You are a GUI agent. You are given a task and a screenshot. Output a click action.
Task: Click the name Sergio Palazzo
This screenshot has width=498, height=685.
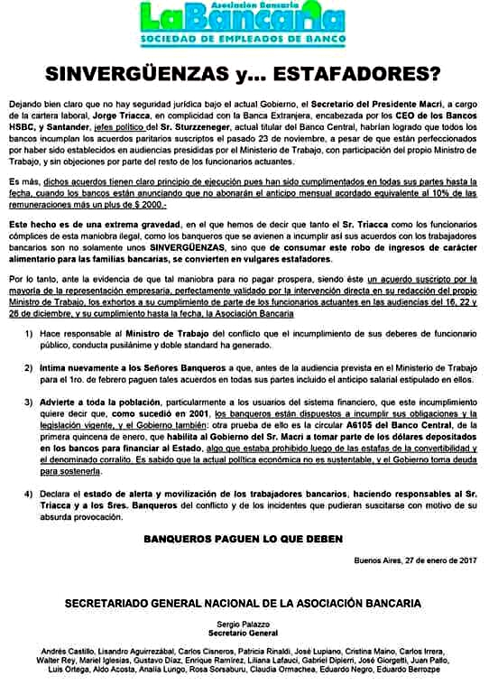pos(248,624)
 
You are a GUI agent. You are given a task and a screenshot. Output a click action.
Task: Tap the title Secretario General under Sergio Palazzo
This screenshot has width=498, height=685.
pos(248,634)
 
